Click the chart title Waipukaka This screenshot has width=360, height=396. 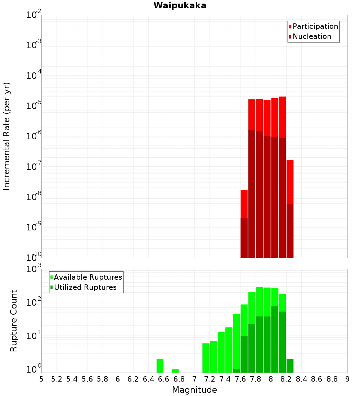pos(180,6)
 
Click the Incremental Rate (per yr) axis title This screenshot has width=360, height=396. pos(7,136)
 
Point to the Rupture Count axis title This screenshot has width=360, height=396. pos(14,321)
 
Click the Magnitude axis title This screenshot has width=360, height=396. pos(194,390)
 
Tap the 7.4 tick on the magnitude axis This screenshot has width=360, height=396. pos(225,379)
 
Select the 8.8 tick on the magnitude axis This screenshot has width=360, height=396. pos(332,379)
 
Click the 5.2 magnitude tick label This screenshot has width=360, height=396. pos(57,379)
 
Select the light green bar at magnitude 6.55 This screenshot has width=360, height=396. pos(160,366)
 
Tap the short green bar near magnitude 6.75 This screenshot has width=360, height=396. pos(175,371)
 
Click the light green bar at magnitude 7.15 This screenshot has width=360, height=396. pos(206,358)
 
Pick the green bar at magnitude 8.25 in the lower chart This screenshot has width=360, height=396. pos(290,366)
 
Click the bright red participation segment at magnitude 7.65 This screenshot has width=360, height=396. pos(244,204)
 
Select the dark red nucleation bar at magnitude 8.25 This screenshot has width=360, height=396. pos(290,230)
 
